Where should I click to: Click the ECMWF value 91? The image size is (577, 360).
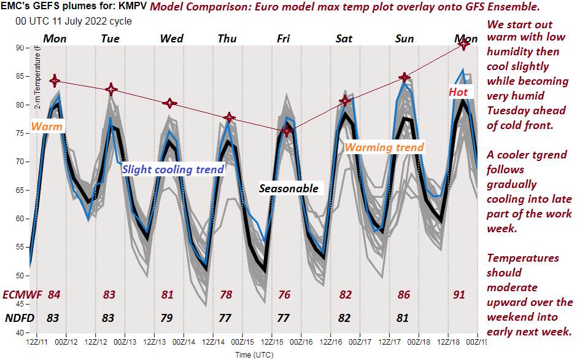coord(459,295)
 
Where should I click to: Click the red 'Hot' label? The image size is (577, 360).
coord(458,92)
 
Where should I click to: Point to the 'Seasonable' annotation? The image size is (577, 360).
coord(288,188)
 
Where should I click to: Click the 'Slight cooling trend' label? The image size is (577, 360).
coord(173,170)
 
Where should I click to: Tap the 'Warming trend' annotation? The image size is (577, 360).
coord(384,147)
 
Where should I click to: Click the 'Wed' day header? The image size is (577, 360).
coord(171,39)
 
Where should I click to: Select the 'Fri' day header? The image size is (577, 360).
coord(284,39)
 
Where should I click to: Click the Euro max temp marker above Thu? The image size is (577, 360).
coord(229,117)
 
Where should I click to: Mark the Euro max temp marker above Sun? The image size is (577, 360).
coord(405,77)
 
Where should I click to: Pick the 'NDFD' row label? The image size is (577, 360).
coord(19,318)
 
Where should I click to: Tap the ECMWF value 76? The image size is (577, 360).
coord(284,295)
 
